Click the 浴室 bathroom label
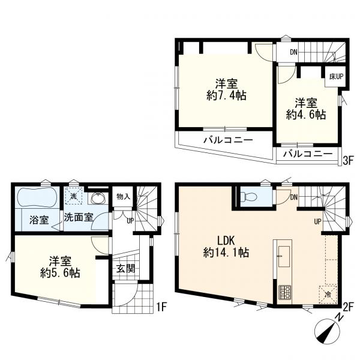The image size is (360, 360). pos(37,218)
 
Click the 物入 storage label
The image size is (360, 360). pos(123,197)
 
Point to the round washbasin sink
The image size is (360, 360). pos(97,199)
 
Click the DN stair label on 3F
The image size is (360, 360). pos(293,52)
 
